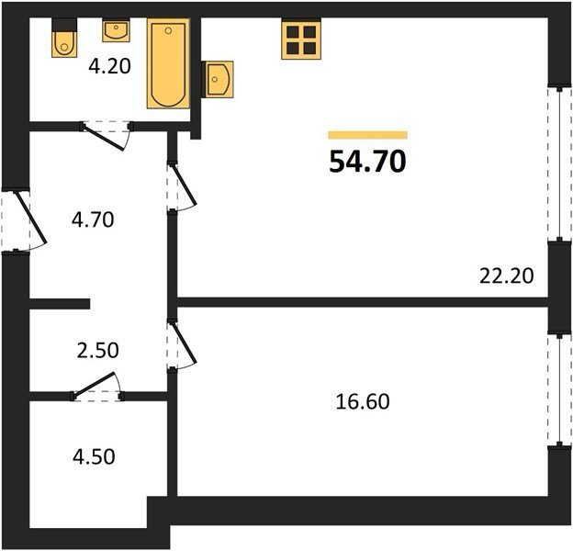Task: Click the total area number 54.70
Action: click(x=367, y=162)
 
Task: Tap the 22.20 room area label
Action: click(x=507, y=275)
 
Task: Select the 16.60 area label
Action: click(x=363, y=401)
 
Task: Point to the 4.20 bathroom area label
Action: click(x=109, y=67)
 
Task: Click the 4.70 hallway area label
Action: click(x=93, y=220)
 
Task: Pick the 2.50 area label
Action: click(x=98, y=350)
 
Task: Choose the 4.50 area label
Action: click(x=94, y=456)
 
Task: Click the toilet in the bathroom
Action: click(x=64, y=38)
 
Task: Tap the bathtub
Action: click(x=168, y=63)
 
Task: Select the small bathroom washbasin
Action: click(x=117, y=30)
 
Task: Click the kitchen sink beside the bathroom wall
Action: click(x=218, y=79)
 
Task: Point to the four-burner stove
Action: click(x=301, y=39)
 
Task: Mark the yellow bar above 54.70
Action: click(x=367, y=135)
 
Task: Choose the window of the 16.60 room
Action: click(x=559, y=389)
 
